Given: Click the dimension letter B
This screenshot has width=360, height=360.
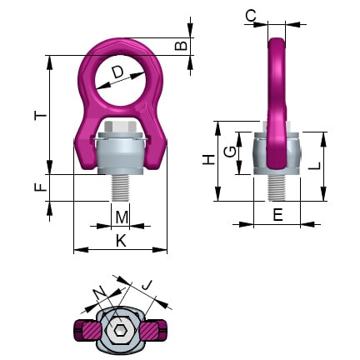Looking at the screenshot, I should point(181,45).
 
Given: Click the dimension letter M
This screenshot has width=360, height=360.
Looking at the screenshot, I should point(122,218).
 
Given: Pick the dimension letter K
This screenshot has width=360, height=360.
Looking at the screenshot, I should point(121,241).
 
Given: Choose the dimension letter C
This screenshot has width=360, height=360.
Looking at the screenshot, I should point(250,14).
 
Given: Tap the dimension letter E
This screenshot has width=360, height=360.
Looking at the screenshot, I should point(277,215).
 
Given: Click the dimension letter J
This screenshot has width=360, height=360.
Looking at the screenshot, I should point(147,286).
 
